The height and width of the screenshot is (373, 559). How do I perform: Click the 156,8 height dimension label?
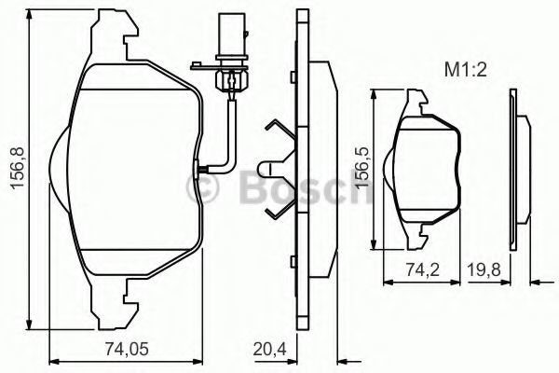click(x=18, y=167)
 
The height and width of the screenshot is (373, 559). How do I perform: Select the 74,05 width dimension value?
click(x=127, y=349)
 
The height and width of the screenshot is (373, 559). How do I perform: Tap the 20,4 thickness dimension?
click(x=270, y=349)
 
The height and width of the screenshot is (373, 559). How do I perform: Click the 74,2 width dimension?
click(x=423, y=269)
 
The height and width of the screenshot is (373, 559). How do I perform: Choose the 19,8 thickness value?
click(x=484, y=269)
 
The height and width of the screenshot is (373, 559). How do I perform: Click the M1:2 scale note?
click(x=465, y=70)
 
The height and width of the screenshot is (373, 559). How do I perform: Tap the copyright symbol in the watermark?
click(x=202, y=187)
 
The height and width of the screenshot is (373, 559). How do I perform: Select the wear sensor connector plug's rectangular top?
click(x=232, y=35)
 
